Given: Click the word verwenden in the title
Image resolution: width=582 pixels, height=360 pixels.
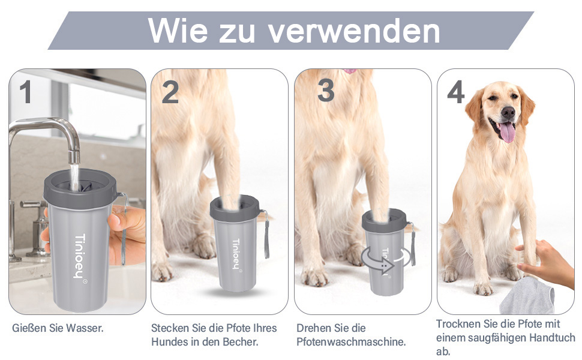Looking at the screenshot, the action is coord(354,31).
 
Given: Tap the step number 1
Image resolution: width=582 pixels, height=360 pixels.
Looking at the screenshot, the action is coord(25,92).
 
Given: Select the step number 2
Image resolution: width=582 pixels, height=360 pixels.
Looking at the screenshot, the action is coord(170,92).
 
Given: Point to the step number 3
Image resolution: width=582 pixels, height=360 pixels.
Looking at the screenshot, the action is coord(326,91).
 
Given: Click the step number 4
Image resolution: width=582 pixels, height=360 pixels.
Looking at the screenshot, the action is coord(456,92).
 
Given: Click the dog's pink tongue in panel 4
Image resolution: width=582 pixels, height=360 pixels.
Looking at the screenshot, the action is coord(506,132).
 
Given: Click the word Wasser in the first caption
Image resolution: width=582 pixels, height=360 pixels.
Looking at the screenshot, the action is coord(85,328).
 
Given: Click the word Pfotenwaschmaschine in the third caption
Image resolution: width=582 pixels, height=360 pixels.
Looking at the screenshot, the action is coord(351,341).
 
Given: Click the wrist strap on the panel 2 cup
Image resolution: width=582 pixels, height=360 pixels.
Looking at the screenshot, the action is coord(266,235).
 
